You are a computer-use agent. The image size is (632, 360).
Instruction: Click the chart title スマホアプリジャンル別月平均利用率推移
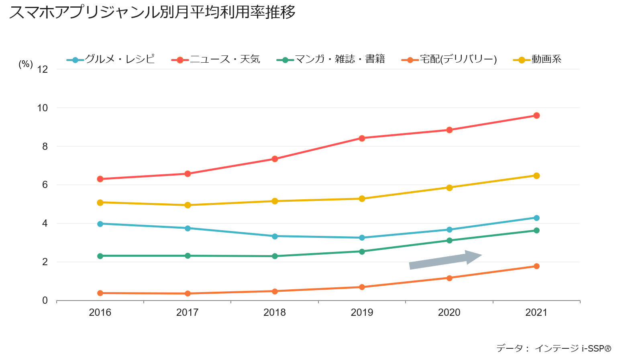click(152, 12)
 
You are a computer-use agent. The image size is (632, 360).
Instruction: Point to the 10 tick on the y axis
click(42, 108)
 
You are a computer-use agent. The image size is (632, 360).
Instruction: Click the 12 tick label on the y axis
click(42, 70)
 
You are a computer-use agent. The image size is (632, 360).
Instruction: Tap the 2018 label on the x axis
click(275, 312)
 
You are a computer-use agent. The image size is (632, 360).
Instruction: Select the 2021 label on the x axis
click(536, 312)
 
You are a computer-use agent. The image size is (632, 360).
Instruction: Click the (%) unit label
click(26, 64)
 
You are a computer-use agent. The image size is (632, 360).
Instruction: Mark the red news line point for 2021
click(536, 116)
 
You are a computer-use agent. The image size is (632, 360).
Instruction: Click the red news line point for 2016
click(100, 179)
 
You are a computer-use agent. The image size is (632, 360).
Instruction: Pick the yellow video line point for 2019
click(362, 198)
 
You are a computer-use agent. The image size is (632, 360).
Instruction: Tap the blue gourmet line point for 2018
click(275, 236)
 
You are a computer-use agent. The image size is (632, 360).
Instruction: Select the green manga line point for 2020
click(449, 240)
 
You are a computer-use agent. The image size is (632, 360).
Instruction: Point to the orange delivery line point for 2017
click(188, 293)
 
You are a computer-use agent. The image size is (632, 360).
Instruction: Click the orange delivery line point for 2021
click(536, 266)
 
